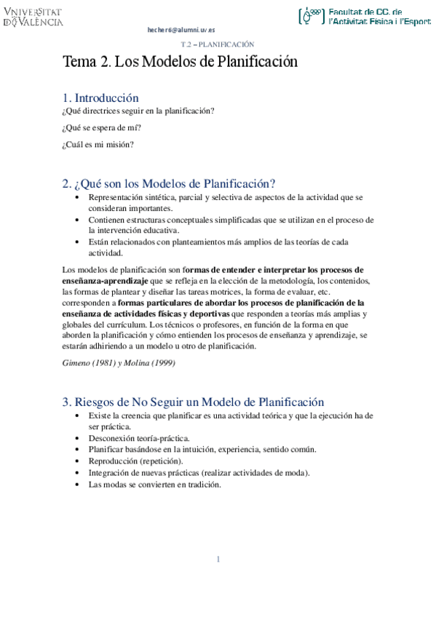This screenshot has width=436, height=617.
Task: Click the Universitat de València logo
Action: [x=33, y=17]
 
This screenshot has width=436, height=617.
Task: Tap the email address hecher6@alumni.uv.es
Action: [x=181, y=30]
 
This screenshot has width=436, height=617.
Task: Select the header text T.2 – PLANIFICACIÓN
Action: [x=217, y=44]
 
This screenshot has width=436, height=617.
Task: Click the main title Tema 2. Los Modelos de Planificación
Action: [x=181, y=62]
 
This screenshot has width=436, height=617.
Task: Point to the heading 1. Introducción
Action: [x=100, y=97]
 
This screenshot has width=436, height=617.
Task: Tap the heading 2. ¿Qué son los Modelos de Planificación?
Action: [x=169, y=183]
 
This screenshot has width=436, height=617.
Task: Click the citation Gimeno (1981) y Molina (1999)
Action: [x=119, y=362]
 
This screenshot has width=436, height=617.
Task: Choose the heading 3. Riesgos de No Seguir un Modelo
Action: [x=193, y=402]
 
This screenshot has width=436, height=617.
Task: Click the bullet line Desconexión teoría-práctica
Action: [x=139, y=439]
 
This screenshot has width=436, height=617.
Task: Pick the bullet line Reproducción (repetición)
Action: [x=136, y=461]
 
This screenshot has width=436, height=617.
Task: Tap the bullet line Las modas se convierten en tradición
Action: [x=154, y=485]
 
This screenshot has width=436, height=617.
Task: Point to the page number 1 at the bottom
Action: [x=218, y=559]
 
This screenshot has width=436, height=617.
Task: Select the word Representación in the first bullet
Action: [x=111, y=197]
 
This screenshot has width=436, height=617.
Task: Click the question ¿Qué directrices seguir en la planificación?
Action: [x=138, y=111]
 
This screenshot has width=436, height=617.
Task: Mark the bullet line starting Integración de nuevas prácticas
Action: [x=199, y=473]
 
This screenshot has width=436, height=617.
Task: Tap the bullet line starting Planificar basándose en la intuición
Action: [x=202, y=450]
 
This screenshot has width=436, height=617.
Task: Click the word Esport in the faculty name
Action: [x=416, y=22]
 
